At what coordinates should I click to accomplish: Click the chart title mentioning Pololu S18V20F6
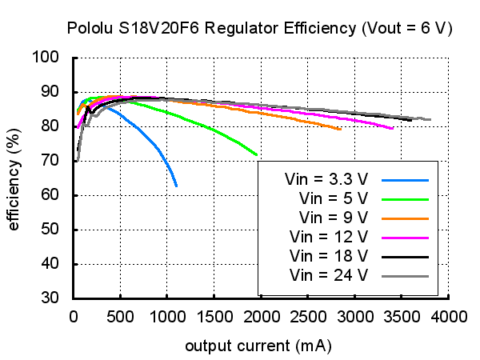(x=259, y=29)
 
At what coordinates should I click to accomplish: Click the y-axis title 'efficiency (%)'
(x=14, y=178)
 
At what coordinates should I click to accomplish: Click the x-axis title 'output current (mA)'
(x=258, y=346)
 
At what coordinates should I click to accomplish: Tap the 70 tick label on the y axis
(x=51, y=161)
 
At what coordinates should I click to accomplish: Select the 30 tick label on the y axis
(x=51, y=298)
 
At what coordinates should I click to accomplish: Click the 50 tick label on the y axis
(x=51, y=230)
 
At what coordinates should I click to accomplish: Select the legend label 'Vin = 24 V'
(x=330, y=276)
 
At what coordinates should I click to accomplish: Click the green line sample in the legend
(x=406, y=198)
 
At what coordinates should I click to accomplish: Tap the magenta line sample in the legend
(x=406, y=237)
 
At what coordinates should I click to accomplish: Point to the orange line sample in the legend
(x=406, y=217)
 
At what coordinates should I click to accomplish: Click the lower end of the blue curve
(x=176, y=186)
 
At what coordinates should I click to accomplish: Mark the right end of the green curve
(x=256, y=154)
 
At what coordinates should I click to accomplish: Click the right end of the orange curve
(x=341, y=129)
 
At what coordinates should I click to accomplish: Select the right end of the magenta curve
(x=392, y=128)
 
